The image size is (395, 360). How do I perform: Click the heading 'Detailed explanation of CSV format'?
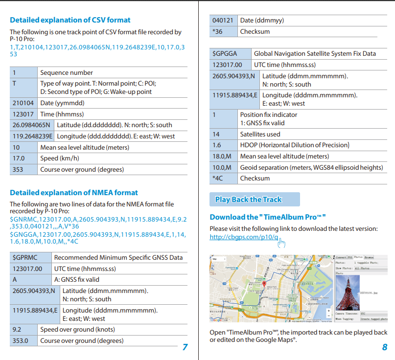(x=70, y=20)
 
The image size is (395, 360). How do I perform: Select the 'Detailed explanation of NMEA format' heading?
(x=73, y=193)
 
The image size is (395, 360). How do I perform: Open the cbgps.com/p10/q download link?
(x=244, y=237)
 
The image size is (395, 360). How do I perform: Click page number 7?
(x=185, y=347)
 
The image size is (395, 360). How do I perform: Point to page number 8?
(x=384, y=347)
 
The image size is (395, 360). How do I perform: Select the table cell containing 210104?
(x=23, y=103)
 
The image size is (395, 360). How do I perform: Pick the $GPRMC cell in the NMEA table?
(x=24, y=257)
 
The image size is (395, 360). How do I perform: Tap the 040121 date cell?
(x=223, y=21)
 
